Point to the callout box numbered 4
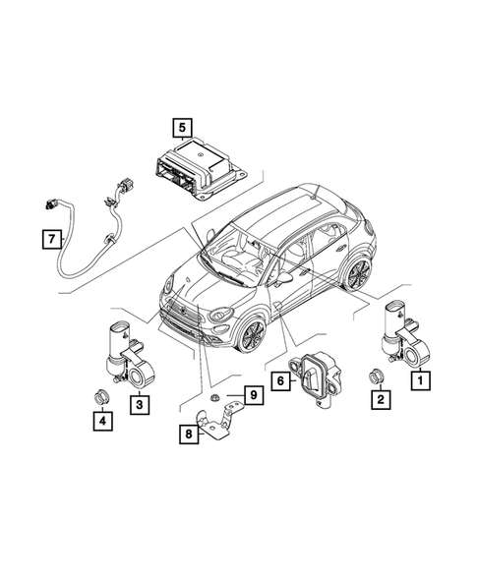pos(100,422)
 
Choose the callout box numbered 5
pos(182,127)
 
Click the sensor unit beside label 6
pos(314,377)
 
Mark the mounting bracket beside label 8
pos(218,428)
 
